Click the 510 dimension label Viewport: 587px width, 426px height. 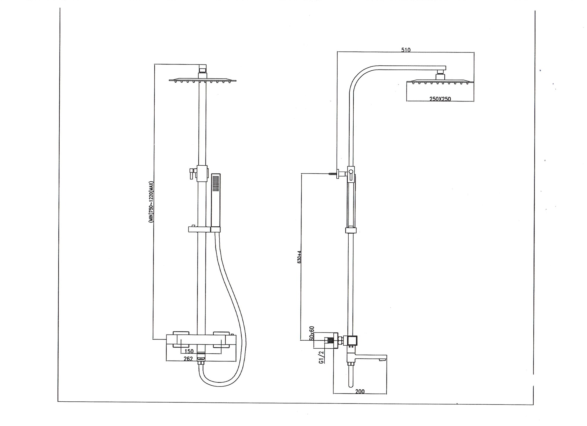pyautogui.click(x=406, y=50)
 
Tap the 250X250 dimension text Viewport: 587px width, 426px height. pyautogui.click(x=440, y=99)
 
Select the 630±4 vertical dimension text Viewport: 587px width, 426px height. pyautogui.click(x=299, y=257)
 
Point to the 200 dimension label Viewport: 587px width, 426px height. pyautogui.click(x=360, y=391)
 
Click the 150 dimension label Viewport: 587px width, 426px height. pyautogui.click(x=189, y=351)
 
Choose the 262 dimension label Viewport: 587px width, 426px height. pyautogui.click(x=188, y=359)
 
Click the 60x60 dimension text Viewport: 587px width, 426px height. pyautogui.click(x=312, y=333)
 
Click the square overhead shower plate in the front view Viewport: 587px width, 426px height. pyautogui.click(x=203, y=80)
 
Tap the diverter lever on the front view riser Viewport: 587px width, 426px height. pyautogui.click(x=192, y=173)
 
